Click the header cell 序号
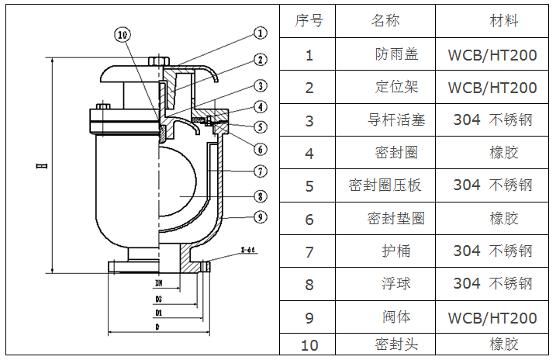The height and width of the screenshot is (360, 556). coord(309,21)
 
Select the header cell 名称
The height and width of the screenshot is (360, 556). coord(385,21)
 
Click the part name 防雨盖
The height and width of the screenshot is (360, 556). coord(396,54)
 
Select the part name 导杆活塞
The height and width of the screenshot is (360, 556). coord(396,120)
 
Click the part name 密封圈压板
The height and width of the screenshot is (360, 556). coord(385,185)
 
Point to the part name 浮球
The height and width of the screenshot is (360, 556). coord(396,284)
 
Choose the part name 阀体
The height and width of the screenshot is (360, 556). coord(396,317)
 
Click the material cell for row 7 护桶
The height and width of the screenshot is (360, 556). coord(492,251)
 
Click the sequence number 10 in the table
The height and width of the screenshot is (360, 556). coord(309,344)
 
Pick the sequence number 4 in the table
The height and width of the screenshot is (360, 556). coord(309,154)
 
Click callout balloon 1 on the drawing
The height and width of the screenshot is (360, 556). coord(260,33)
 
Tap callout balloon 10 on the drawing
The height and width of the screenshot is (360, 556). coord(123,34)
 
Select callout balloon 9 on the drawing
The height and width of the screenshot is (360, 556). coord(260,216)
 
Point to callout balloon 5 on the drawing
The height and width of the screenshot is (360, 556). coord(260,126)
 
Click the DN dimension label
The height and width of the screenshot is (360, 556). coord(159,283)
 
